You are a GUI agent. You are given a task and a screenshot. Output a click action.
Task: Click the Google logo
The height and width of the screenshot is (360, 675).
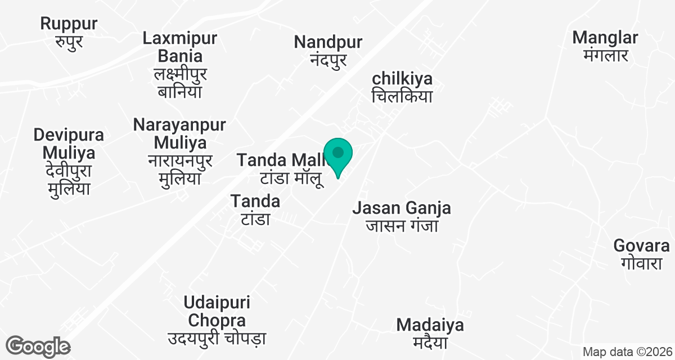[38, 346]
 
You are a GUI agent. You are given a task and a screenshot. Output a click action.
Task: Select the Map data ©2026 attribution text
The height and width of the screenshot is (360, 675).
[626, 352]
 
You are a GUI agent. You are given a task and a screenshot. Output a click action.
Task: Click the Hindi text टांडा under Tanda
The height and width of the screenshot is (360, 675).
[256, 219]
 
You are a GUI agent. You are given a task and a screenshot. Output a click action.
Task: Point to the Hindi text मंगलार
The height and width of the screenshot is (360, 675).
[605, 56]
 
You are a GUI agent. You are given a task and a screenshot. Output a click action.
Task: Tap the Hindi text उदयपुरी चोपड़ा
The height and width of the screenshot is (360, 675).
[217, 339]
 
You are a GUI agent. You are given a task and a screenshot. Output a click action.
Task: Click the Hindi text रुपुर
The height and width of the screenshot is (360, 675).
[69, 41]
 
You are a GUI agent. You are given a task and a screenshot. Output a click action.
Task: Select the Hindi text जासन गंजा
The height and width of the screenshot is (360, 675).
[402, 226]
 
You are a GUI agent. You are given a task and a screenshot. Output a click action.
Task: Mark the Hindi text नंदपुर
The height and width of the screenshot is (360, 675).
[328, 60]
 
